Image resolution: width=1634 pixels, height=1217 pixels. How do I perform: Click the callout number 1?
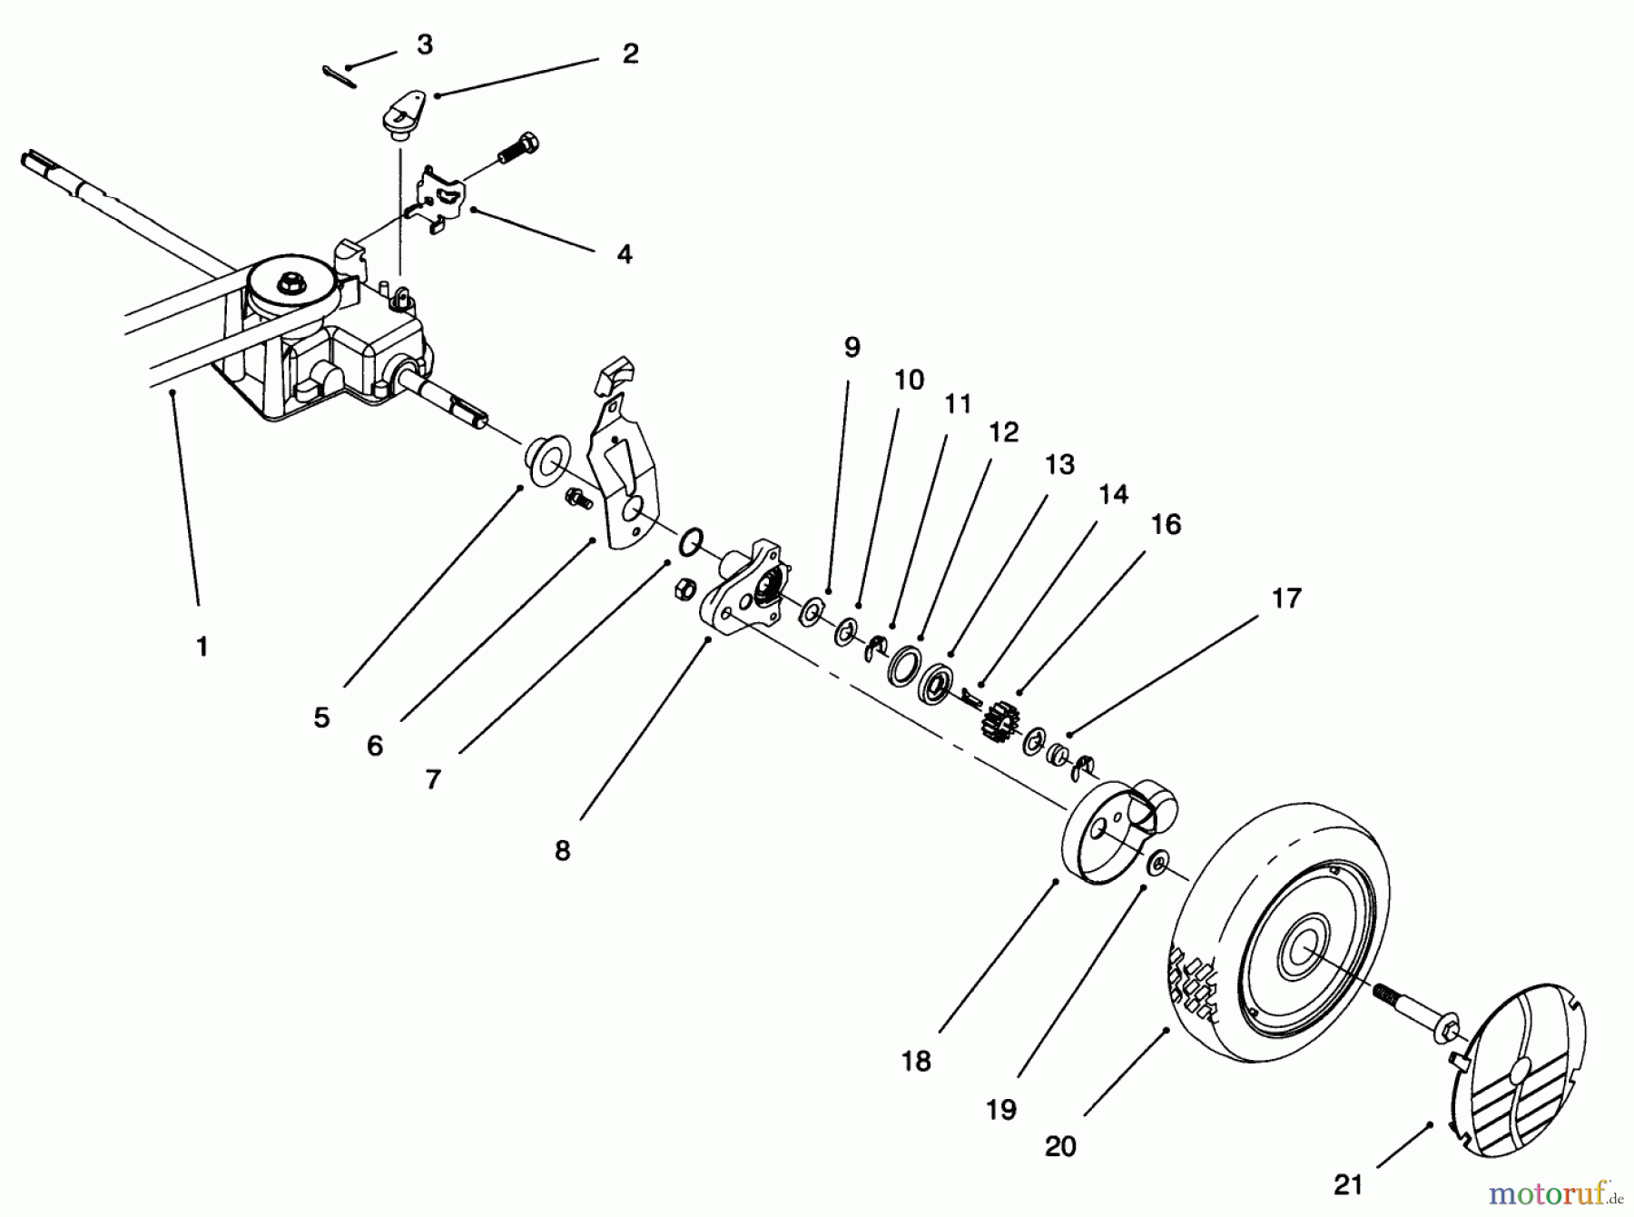(202, 647)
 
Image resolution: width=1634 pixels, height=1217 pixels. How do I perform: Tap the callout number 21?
(1348, 1184)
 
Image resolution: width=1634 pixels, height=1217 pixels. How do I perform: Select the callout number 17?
(1286, 599)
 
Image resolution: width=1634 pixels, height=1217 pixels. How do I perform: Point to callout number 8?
(562, 851)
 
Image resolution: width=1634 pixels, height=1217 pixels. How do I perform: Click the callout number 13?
(1059, 464)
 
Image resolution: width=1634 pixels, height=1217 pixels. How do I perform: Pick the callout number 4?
(624, 254)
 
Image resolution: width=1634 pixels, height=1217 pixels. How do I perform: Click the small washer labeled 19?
(1157, 864)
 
